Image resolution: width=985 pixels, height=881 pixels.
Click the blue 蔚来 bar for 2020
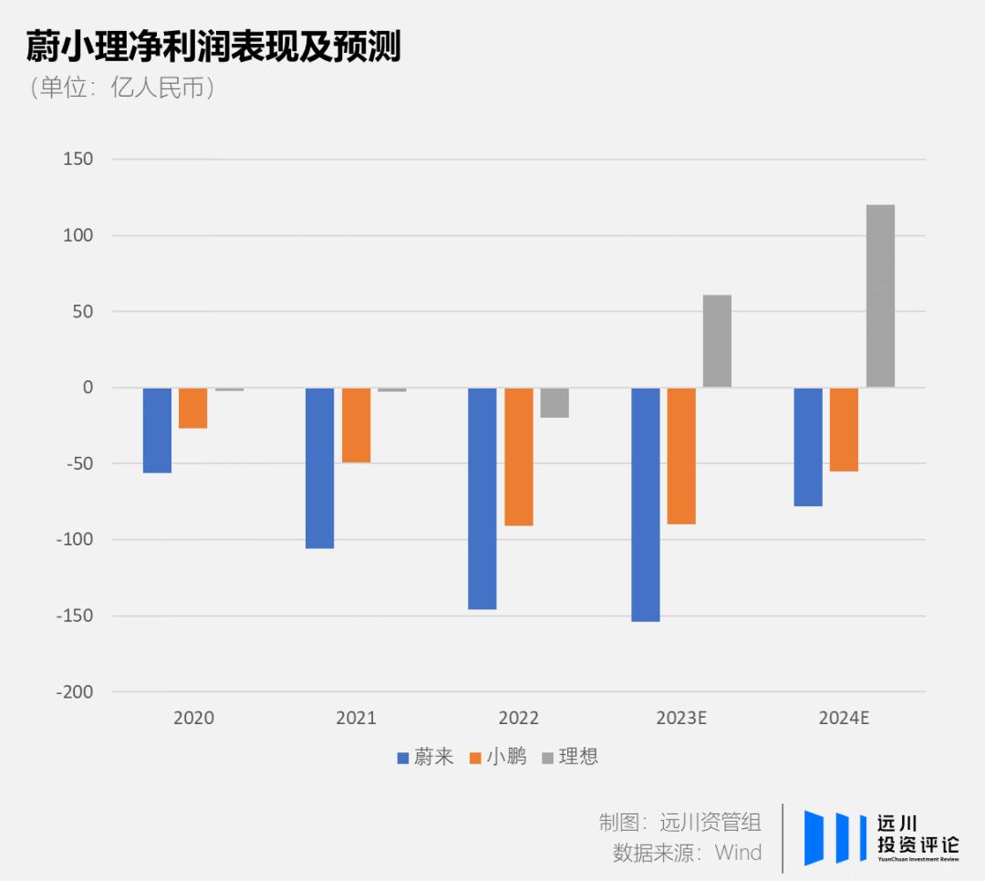pos(157,430)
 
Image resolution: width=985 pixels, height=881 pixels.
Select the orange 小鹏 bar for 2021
pos(356,425)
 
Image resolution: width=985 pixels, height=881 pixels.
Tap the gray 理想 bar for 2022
pos(555,402)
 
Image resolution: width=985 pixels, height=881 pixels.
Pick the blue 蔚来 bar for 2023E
pos(646,504)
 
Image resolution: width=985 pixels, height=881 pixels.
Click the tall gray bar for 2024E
pos(880,295)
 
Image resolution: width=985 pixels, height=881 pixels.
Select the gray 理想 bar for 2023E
pos(717,340)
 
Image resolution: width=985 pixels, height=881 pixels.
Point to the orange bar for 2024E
pos(844,429)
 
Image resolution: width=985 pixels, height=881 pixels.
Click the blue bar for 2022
pos(482,498)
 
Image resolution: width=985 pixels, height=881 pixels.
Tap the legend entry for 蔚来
pos(425,757)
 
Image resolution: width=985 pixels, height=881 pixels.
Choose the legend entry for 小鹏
pos(497,757)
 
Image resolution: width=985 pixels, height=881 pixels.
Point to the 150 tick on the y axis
pos(78,160)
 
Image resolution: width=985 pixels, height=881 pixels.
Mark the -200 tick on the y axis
pos(74,692)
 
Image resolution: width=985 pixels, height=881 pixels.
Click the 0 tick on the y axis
pos(88,388)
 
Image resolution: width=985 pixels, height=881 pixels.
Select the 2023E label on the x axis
pos(681,718)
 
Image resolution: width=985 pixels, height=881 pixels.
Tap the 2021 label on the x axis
pos(356,718)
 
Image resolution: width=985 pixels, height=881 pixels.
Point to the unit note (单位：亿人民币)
pos(123,88)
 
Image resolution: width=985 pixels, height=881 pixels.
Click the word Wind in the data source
pos(738,853)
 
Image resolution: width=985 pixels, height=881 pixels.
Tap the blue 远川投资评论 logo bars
pos(835,836)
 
